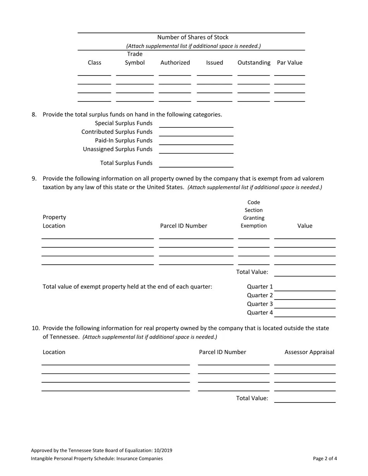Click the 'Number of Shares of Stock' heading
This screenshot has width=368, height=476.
coord(193,37)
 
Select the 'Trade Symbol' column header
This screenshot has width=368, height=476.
coord(135,58)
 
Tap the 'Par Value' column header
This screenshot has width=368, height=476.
coord(289,63)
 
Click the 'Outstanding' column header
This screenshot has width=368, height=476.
coord(254,63)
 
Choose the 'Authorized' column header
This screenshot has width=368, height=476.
coord(175,63)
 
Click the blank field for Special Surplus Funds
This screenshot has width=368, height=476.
coord(196,124)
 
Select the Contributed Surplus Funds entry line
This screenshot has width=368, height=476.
coord(196,133)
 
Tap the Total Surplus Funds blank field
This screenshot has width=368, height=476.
coord(196,164)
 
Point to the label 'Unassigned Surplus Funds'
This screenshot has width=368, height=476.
coord(118,149)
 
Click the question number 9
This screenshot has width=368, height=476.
coord(34,178)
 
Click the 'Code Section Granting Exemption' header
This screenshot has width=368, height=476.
coord(254,214)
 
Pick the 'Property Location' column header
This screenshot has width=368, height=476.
coord(54,221)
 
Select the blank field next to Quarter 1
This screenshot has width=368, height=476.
coord(305,288)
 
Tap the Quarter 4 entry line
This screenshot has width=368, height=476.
coord(305,313)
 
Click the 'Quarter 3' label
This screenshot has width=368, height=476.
coord(260,304)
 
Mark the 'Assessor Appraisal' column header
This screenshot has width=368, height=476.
coord(309,352)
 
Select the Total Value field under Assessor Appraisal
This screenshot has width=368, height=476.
coord(305,399)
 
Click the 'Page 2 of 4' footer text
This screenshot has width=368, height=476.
coord(325,459)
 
